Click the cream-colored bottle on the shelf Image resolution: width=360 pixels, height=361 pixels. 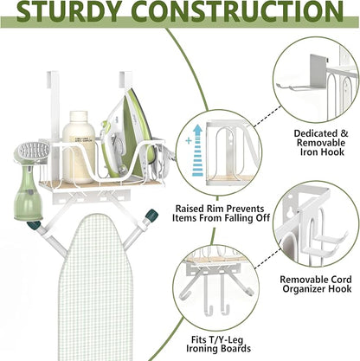coord(79,147)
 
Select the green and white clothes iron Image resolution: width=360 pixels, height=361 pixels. coord(129,136)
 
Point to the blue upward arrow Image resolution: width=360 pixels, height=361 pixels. coord(197,150)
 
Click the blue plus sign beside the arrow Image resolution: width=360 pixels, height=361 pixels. coord(189,141)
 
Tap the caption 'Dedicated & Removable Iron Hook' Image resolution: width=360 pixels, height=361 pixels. coord(321,143)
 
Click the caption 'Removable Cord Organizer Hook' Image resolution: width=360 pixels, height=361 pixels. coord(316,284)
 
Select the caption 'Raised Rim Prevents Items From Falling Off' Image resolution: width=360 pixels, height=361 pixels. coord(221,213)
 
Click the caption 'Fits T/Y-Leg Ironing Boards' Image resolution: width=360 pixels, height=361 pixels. coord(218,344)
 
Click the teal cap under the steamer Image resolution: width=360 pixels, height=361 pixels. coord(33,224)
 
